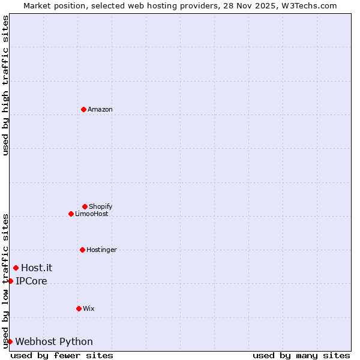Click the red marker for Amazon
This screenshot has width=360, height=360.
(x=83, y=109)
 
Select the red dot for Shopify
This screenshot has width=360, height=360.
(x=85, y=206)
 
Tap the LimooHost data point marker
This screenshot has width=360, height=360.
(x=71, y=214)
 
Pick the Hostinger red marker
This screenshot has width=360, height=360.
(x=82, y=250)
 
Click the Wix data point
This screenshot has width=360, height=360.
(x=79, y=308)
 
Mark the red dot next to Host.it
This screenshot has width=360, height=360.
(x=16, y=268)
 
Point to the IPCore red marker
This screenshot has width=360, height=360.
(x=10, y=281)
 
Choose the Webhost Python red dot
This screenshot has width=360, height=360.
(x=10, y=341)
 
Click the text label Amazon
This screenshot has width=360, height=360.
(x=100, y=109)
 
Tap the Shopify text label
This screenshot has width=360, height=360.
(x=101, y=206)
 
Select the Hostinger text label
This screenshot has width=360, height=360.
(x=101, y=250)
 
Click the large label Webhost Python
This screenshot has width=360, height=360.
(x=54, y=341)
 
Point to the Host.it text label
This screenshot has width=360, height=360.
(x=37, y=268)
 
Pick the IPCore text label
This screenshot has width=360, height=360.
(x=31, y=281)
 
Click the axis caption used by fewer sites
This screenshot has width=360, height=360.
(x=62, y=355)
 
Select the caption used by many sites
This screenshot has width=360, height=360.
(x=301, y=355)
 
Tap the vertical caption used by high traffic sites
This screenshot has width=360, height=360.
(x=5, y=85)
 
